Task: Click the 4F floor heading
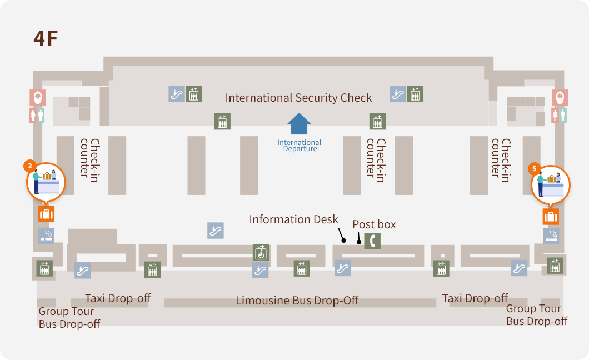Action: [x=46, y=38]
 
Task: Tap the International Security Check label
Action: [x=298, y=98]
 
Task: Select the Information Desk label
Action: [x=293, y=219]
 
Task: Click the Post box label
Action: [x=374, y=224]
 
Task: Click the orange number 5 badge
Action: [x=535, y=168]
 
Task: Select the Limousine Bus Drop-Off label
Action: [x=297, y=301]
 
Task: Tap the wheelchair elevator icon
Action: [x=261, y=253]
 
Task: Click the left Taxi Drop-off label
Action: [x=118, y=298]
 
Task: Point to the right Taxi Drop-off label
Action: [x=475, y=298]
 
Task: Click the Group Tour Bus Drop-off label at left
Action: [x=69, y=317]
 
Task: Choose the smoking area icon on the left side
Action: [x=46, y=236]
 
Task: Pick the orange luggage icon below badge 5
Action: [x=551, y=217]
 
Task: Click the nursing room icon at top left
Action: [x=38, y=98]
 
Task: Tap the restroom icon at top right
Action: [x=560, y=115]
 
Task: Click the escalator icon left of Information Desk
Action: [x=216, y=230]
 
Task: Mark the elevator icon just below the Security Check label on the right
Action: [x=377, y=121]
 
